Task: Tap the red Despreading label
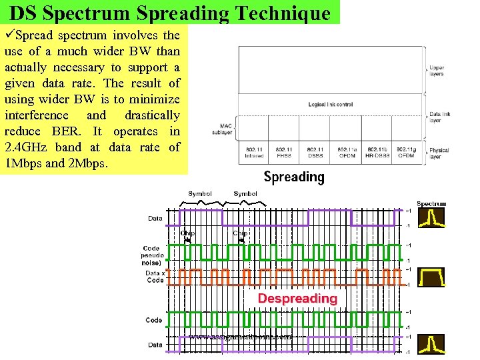(x=297, y=298)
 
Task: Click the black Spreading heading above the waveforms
(x=294, y=177)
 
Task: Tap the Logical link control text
(x=330, y=105)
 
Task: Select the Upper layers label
(x=437, y=70)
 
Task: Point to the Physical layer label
(x=439, y=154)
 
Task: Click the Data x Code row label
(x=154, y=277)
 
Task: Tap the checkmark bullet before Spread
(x=9, y=35)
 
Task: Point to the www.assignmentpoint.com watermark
(x=240, y=337)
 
